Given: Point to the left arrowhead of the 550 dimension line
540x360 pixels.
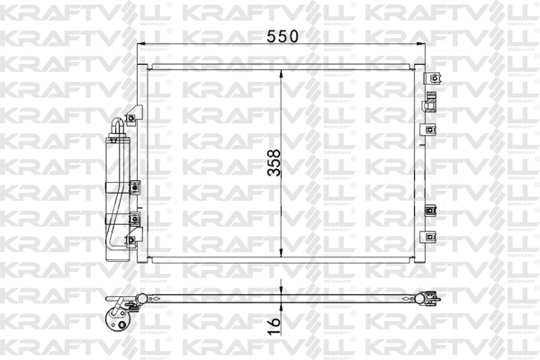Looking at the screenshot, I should (x=141, y=51).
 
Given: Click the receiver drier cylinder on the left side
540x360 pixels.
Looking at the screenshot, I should (x=118, y=180).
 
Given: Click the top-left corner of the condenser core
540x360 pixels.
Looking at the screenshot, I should (x=148, y=67).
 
